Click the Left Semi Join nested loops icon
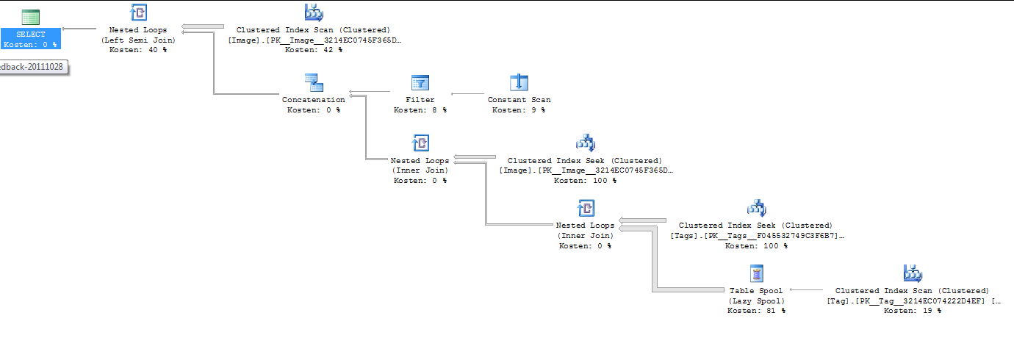138,12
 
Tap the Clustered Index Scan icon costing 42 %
314,12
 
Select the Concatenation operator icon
313,82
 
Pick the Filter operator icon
420,82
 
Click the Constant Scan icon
519,82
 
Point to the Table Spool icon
756,273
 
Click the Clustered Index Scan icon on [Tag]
912,273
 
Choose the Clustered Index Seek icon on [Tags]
755,208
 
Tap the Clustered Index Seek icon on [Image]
584,143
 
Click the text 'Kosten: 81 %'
756,311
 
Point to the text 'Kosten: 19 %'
912,311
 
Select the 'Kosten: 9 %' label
519,110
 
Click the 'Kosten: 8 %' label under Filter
420,110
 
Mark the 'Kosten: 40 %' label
138,50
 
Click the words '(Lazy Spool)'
756,301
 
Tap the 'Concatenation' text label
313,100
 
